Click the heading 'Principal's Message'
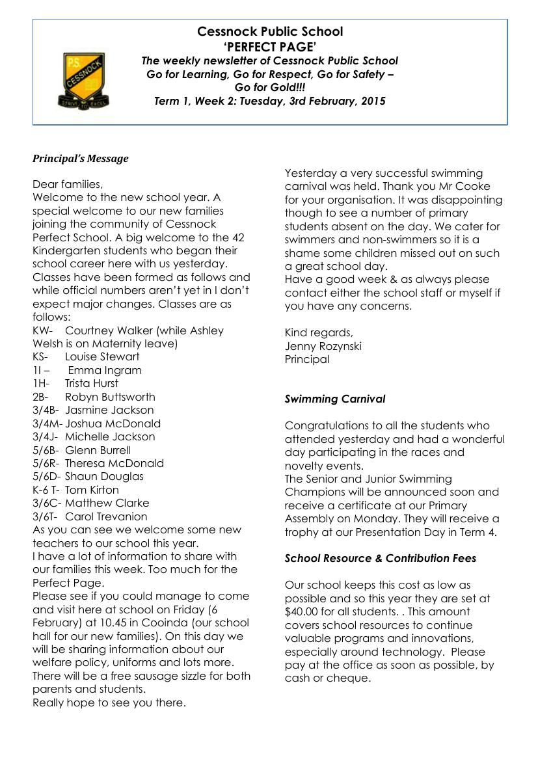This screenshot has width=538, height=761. [81, 159]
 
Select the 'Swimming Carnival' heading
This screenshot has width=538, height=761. [335, 399]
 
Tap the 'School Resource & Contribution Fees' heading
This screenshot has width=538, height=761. [381, 558]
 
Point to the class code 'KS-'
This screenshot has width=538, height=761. [40, 356]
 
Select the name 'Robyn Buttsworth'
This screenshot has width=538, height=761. [110, 397]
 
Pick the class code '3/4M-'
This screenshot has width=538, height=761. [47, 423]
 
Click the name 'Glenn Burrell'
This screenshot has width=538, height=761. [98, 450]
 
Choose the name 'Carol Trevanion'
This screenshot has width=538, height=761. [106, 516]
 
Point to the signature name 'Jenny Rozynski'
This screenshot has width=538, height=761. [323, 346]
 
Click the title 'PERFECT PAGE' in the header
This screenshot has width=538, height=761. [270, 46]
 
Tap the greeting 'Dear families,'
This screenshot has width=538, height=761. [68, 184]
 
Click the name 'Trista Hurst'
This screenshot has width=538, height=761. [92, 383]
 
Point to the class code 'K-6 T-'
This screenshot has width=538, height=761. [46, 490]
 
